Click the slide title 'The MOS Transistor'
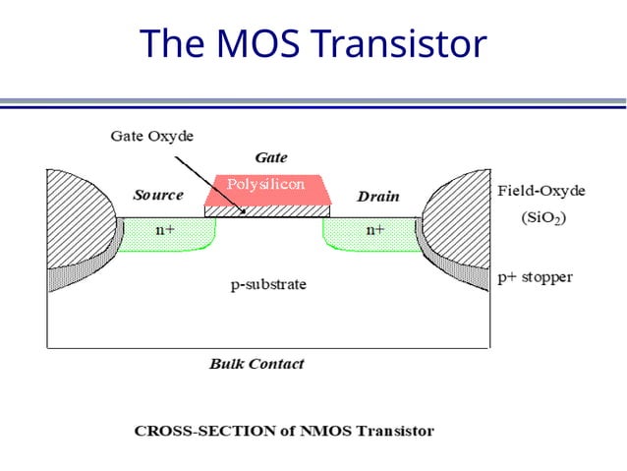point(313,43)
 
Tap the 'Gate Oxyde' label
point(150,137)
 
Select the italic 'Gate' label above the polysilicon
point(270,157)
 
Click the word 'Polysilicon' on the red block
point(266,184)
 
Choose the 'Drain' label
point(378,197)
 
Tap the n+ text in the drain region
point(375,230)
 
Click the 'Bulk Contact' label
point(256,364)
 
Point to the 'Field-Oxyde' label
point(539,189)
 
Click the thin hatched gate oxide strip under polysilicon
point(268,209)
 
